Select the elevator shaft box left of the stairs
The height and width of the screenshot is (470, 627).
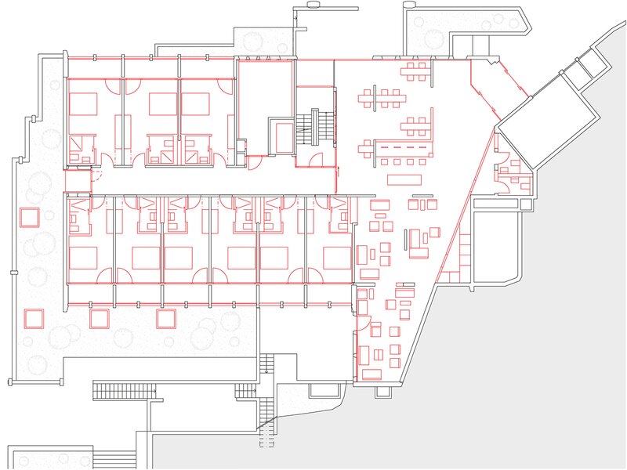(281, 136)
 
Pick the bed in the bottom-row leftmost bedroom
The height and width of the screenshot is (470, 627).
(83, 258)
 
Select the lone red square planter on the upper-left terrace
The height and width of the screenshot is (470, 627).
(31, 216)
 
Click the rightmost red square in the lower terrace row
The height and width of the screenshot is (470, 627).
(165, 318)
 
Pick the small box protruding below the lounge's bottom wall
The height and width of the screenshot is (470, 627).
(322, 389)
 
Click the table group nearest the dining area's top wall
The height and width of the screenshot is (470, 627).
(416, 74)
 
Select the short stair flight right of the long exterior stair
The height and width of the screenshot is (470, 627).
(246, 390)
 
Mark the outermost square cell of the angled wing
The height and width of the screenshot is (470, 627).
(581, 73)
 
